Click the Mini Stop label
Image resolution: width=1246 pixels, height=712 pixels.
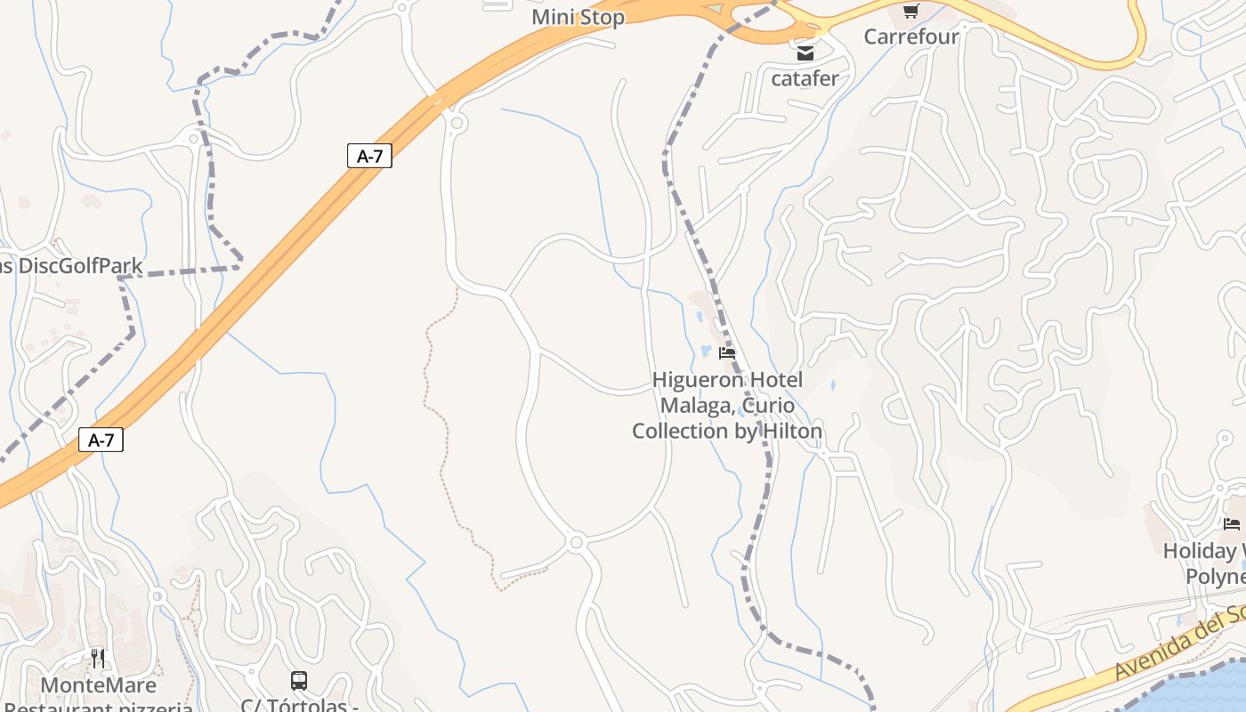tap(578, 17)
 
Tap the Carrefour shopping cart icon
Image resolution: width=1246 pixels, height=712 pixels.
tap(910, 12)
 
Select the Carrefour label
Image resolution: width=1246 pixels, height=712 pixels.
tap(911, 36)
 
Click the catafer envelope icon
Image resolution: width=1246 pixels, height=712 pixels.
tap(805, 53)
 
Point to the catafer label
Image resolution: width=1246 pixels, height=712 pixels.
tap(805, 78)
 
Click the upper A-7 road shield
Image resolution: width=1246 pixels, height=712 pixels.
tap(369, 156)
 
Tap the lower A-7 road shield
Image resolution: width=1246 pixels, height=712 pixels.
tap(101, 440)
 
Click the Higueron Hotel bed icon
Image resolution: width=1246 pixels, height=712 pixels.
tap(727, 353)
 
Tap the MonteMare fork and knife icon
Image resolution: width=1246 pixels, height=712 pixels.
tap(98, 659)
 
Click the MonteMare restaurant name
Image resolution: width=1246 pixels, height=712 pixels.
tap(98, 685)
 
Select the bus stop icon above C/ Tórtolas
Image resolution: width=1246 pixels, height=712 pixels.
tap(299, 681)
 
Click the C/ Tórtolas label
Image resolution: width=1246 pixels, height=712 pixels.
tap(299, 705)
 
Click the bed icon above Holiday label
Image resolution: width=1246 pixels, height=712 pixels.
tap(1232, 524)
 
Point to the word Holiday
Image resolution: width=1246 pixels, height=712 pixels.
tap(1200, 551)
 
